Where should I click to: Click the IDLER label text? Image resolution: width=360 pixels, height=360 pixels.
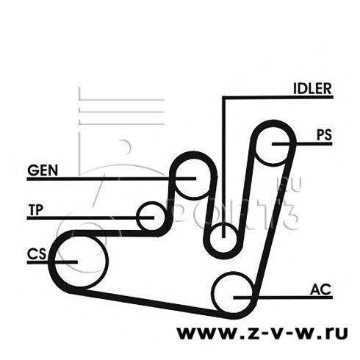click(x=312, y=88)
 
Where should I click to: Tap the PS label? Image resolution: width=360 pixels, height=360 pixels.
click(x=324, y=134)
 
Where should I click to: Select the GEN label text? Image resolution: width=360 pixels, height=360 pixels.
click(x=43, y=170)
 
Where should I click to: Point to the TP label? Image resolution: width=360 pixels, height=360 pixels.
click(x=36, y=210)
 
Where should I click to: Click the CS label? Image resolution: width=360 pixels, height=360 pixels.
click(x=37, y=254)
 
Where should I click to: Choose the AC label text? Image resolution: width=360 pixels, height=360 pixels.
click(x=320, y=289)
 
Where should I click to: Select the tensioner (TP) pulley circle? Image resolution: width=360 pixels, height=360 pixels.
click(x=137, y=217)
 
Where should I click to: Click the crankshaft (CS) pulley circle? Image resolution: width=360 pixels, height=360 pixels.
click(x=107, y=262)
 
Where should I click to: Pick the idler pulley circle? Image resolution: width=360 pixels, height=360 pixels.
click(x=236, y=237)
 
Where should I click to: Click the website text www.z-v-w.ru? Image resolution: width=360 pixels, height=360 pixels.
click(x=262, y=333)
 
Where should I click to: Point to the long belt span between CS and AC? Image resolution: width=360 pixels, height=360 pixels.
click(x=149, y=302)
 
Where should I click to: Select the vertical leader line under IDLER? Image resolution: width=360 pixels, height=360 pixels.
click(x=223, y=168)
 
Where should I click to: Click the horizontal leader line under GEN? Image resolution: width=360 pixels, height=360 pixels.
click(x=112, y=179)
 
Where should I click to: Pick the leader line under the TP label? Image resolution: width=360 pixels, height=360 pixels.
click(x=90, y=217)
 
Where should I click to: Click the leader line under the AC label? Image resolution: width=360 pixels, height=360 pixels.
click(x=283, y=298)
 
